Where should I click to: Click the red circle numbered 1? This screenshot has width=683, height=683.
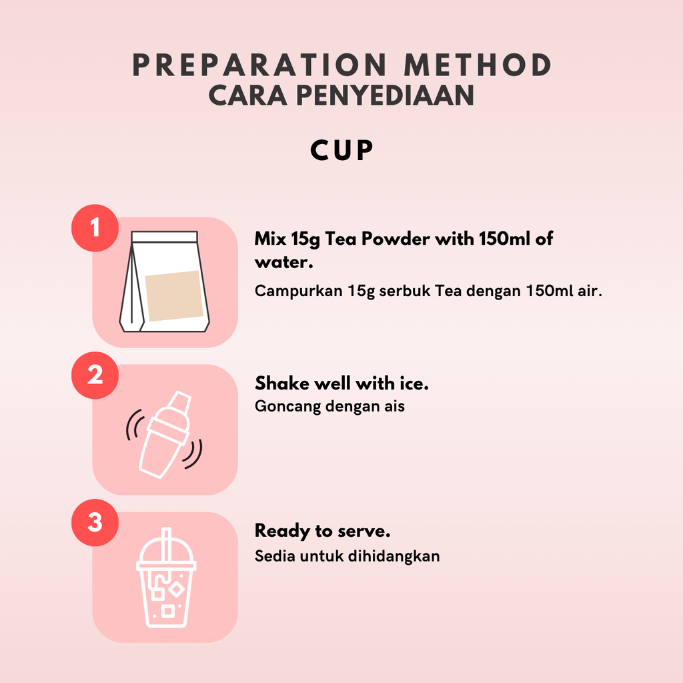(x=95, y=228)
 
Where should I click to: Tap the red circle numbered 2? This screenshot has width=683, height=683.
(x=95, y=375)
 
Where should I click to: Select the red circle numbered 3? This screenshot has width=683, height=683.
(x=95, y=522)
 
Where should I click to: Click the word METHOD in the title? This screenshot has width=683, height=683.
(x=478, y=65)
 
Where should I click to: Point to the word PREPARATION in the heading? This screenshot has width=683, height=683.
(x=259, y=65)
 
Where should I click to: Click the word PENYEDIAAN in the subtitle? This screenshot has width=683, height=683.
(x=385, y=95)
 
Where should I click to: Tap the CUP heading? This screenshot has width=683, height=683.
(x=342, y=151)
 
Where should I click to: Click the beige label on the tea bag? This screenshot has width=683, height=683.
(x=174, y=295)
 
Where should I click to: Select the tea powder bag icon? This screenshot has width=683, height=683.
(x=165, y=281)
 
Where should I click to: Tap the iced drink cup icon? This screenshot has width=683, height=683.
(x=166, y=578)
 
